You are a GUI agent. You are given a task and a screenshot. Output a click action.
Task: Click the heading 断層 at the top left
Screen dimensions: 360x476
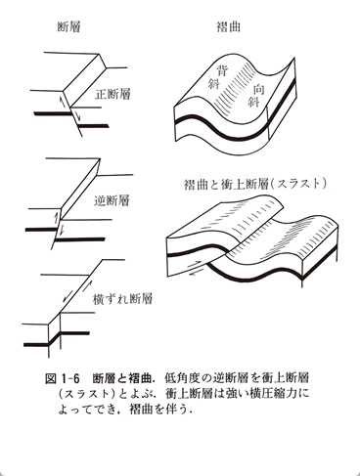[68, 26]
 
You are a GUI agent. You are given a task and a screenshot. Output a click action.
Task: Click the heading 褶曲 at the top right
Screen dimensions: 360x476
[229, 26]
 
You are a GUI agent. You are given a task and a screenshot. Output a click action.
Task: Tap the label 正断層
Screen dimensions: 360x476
[112, 94]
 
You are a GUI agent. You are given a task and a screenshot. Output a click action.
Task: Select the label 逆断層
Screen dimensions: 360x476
[112, 200]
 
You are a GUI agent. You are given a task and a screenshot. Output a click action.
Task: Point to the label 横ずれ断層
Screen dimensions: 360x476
[122, 299]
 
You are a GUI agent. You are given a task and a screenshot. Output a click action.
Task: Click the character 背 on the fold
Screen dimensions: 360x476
[223, 70]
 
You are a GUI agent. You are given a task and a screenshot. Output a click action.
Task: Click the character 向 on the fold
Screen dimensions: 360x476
[259, 90]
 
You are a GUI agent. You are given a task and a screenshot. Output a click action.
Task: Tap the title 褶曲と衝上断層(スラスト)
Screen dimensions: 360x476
[255, 185]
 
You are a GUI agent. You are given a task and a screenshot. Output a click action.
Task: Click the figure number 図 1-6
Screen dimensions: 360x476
[63, 379]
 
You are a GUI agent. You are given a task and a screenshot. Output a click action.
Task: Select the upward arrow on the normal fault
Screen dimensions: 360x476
[63, 103]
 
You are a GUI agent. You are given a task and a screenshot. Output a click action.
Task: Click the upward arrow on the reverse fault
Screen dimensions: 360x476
[56, 218]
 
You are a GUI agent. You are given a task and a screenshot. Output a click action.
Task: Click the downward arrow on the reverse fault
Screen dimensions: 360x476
[62, 230]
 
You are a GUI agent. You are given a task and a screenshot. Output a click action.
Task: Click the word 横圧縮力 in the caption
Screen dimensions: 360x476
[273, 394]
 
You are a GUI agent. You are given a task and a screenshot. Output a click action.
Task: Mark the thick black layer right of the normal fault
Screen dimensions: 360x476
[94, 126]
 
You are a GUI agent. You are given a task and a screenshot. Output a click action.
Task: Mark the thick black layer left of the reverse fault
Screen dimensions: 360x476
[41, 230]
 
